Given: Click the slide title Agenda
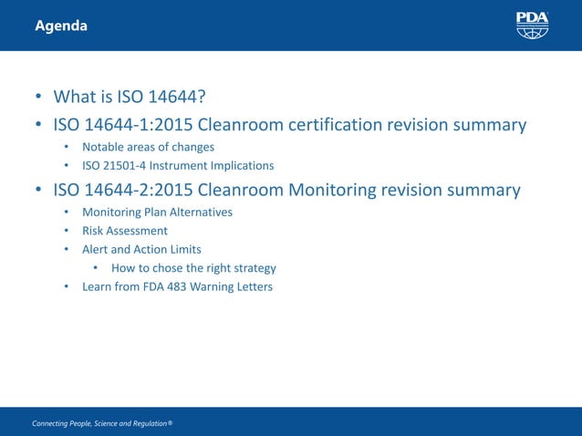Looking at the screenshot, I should [61, 26].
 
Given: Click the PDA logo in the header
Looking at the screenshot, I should [532, 25].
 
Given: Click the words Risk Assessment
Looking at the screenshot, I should [125, 231].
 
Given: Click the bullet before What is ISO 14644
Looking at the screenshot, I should [38, 98].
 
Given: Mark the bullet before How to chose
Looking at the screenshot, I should [96, 268].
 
